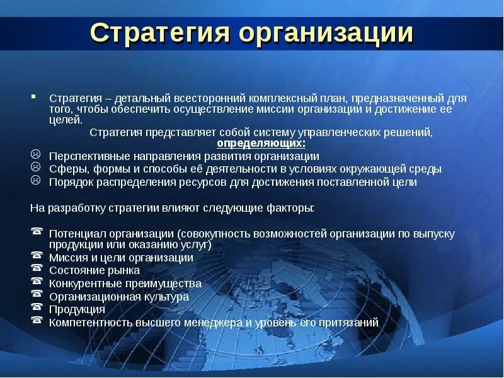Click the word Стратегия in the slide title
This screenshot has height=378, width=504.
tap(159, 33)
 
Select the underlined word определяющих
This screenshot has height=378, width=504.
tap(261, 144)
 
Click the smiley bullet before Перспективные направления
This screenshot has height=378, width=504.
tap(36, 155)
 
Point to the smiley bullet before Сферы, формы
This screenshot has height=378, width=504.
tap(36, 168)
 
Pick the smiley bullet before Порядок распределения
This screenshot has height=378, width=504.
tap(36, 181)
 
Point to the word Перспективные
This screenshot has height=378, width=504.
tap(86, 156)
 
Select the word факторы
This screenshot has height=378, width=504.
tap(291, 207)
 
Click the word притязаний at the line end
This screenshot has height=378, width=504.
tap(350, 322)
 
